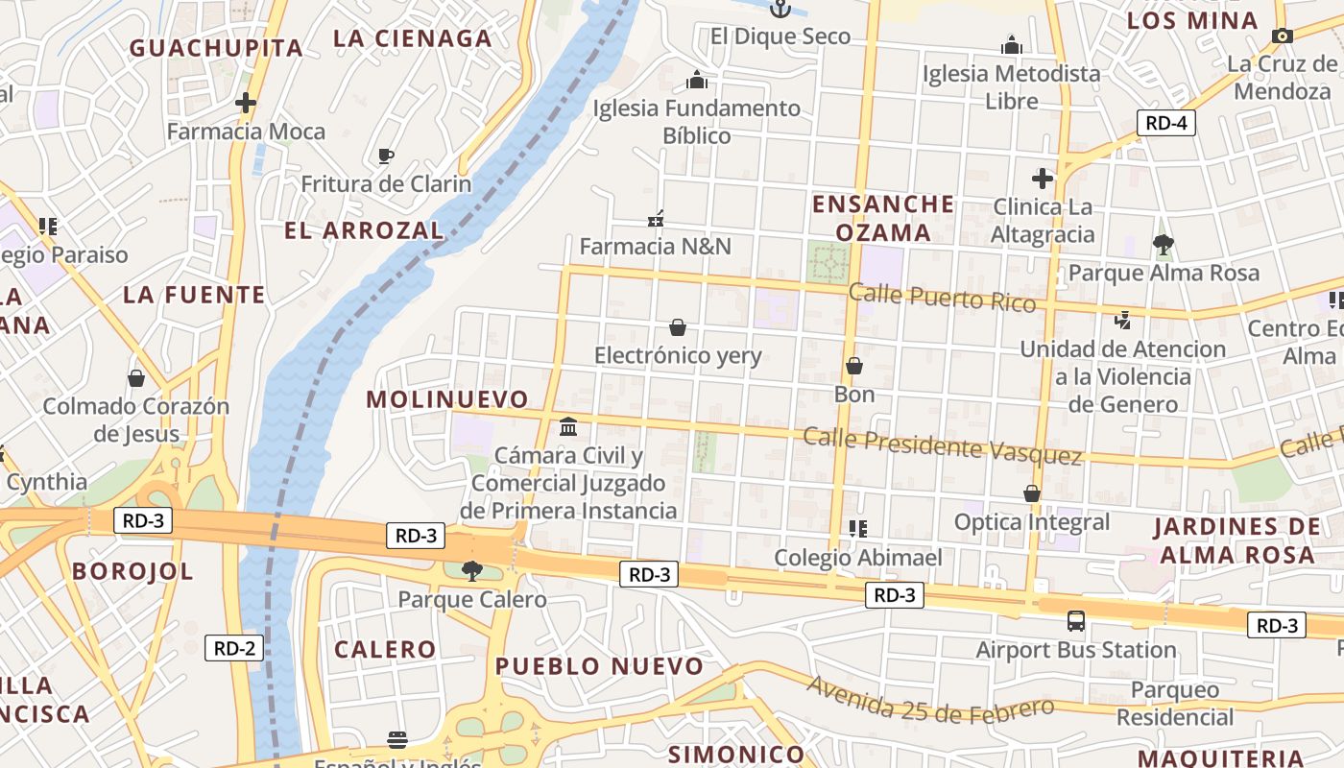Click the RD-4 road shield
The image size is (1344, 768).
click(1166, 123)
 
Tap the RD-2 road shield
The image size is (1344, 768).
click(233, 648)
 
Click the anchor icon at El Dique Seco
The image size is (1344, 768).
click(780, 9)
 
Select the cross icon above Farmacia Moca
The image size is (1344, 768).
click(246, 102)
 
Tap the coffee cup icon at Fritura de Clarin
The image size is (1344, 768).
click(386, 156)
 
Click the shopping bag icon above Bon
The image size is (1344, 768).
click(853, 366)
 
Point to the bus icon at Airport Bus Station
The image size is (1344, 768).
click(1076, 621)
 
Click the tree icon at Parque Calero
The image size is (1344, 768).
click(471, 571)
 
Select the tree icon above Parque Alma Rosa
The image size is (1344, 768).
click(1164, 244)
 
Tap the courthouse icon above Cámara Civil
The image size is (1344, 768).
click(568, 426)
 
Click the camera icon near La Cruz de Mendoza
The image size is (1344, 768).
click(1282, 36)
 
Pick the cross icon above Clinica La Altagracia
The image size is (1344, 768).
click(1042, 178)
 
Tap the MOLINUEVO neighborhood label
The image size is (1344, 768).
click(447, 399)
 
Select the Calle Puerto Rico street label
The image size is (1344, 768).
click(942, 299)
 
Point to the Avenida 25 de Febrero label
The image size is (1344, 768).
click(930, 698)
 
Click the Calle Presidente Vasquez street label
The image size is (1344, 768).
click(942, 445)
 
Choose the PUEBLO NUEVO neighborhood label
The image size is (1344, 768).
click(600, 666)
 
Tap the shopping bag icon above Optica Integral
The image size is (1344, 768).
click(1032, 493)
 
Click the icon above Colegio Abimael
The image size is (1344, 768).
click(858, 528)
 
